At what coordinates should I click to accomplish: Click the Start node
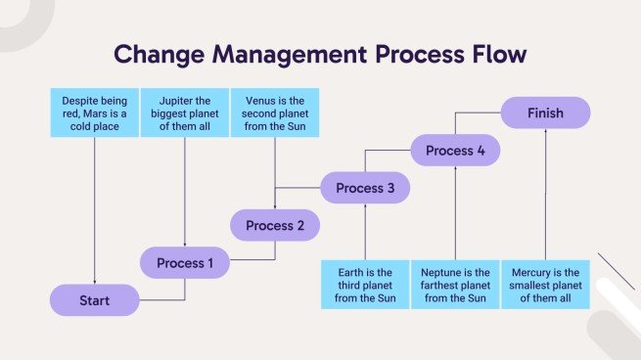pyautogui.click(x=94, y=300)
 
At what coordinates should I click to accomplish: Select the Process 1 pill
pyautogui.click(x=184, y=263)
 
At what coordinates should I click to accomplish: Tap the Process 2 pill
pyautogui.click(x=274, y=226)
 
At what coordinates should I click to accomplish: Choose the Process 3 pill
pyautogui.click(x=364, y=188)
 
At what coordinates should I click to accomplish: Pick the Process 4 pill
pyautogui.click(x=455, y=151)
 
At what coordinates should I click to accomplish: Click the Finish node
pyautogui.click(x=545, y=112)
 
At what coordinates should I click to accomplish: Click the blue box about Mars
pyautogui.click(x=94, y=112)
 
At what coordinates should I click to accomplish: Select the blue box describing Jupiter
pyautogui.click(x=184, y=112)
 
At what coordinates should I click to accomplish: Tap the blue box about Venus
pyautogui.click(x=274, y=112)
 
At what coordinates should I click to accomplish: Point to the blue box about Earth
pyautogui.click(x=364, y=285)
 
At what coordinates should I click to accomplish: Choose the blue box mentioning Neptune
pyautogui.click(x=455, y=285)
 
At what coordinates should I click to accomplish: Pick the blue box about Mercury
pyautogui.click(x=545, y=285)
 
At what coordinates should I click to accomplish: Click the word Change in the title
pyautogui.click(x=160, y=54)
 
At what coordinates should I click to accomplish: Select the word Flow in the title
pyautogui.click(x=496, y=54)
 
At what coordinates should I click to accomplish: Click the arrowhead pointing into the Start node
pyautogui.click(x=94, y=282)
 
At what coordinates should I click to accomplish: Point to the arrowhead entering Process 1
pyautogui.click(x=184, y=245)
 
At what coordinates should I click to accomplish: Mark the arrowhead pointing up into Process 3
pyautogui.click(x=364, y=206)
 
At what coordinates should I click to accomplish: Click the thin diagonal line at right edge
pyautogui.click(x=616, y=270)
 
